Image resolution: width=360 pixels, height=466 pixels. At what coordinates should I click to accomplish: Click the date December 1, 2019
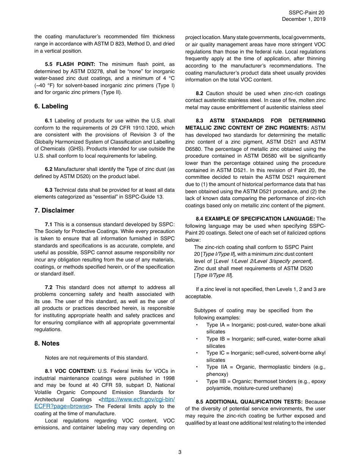[x=304, y=19]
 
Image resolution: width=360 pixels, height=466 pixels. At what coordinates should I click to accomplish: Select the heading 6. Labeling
[x=51, y=106]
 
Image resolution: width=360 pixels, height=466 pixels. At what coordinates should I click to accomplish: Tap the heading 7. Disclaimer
[x=54, y=210]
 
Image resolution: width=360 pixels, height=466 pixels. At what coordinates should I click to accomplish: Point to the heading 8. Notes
[x=47, y=343]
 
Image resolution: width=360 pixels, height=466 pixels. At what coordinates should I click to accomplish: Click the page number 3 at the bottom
[x=180, y=452]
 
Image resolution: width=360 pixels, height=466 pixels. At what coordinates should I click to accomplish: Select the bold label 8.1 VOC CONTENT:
[x=70, y=371]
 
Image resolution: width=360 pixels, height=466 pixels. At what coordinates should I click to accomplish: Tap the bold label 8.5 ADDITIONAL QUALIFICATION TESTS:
[x=249, y=402]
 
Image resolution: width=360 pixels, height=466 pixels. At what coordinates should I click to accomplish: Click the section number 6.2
[x=49, y=169]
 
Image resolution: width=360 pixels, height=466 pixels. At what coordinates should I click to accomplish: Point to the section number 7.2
[x=49, y=287]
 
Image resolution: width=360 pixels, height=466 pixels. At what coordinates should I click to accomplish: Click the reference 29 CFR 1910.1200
[x=139, y=128]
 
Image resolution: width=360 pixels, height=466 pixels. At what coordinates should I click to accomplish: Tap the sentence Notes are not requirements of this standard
[x=96, y=357]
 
